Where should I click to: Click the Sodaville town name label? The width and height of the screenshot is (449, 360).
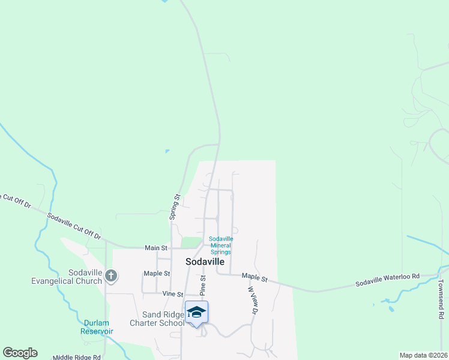[205, 262]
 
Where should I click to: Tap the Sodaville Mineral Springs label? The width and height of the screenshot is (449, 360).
[221, 245]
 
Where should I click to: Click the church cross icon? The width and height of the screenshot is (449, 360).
[110, 276]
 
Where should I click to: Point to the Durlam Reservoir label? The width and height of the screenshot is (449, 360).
[98, 327]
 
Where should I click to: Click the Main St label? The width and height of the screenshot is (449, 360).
[155, 248]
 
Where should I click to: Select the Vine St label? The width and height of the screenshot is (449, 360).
[172, 294]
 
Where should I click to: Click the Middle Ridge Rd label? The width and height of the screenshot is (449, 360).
[76, 357]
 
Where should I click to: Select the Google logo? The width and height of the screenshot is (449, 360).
[20, 353]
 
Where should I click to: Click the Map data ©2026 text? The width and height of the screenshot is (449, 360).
[424, 355]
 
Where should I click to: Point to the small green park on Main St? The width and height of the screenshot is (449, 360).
[191, 242]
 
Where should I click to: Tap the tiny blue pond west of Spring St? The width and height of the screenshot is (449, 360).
[167, 151]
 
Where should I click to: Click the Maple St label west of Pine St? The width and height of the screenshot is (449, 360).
[157, 274]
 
